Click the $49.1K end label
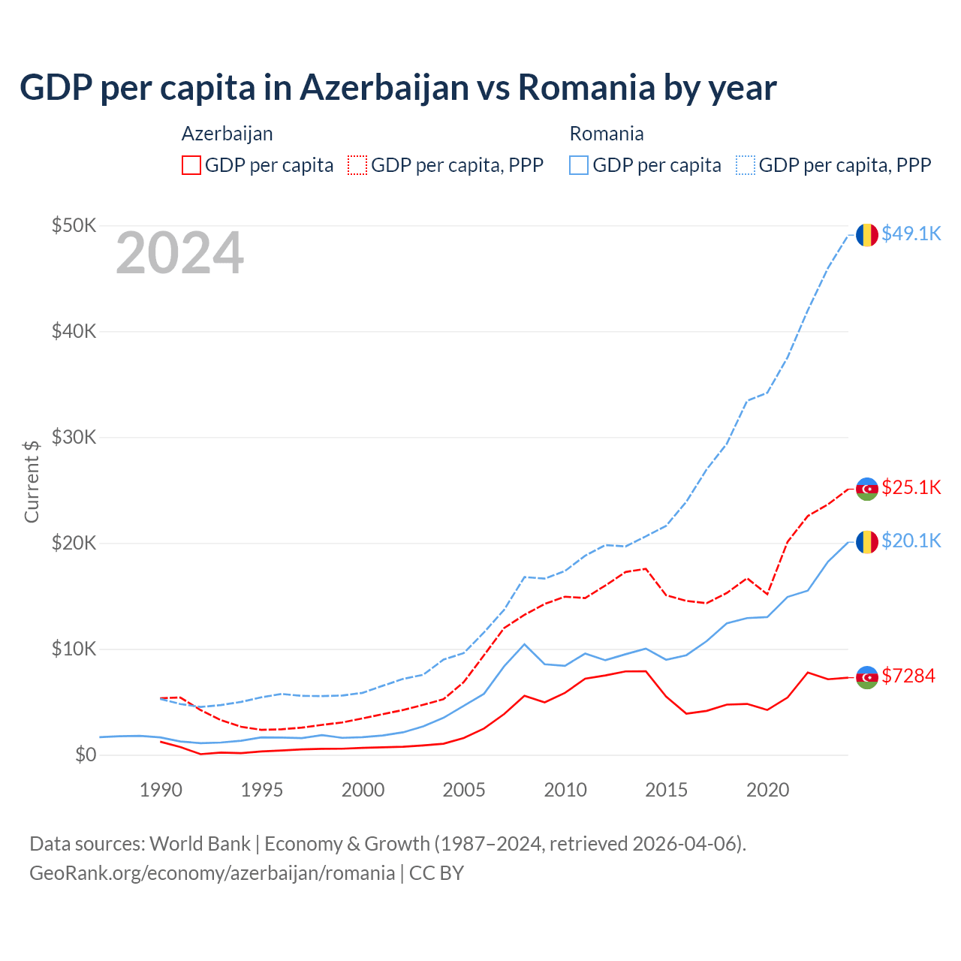coord(911,234)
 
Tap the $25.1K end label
coord(911,488)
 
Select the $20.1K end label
coord(911,541)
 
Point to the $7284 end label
coord(908,676)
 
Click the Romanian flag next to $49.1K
coord(867,235)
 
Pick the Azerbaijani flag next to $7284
coord(867,677)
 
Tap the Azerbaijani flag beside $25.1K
coord(867,489)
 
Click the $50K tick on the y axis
coord(74,225)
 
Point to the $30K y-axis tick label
coord(74,437)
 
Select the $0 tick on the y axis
coord(86,755)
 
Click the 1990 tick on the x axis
coord(161,790)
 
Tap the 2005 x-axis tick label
coord(464,790)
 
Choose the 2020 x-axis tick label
coord(767,790)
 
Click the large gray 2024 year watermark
coord(179,254)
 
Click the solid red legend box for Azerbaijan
coord(191,165)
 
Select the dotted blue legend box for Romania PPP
coord(746,165)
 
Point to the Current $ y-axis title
coord(32,481)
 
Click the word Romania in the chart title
coord(586,88)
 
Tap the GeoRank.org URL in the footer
coord(212,873)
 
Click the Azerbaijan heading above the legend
coord(227,134)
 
